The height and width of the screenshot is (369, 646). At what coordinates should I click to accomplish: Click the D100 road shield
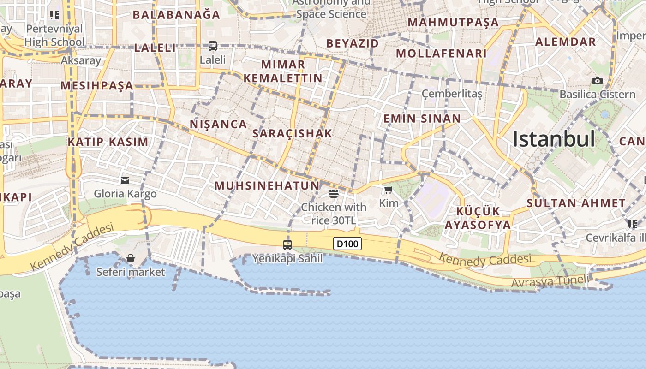pyautogui.click(x=347, y=244)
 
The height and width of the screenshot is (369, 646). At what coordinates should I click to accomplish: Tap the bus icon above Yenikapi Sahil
pyautogui.click(x=287, y=244)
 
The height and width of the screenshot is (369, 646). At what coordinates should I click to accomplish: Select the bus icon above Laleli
pyautogui.click(x=213, y=46)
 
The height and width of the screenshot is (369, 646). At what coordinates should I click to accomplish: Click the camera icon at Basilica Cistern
pyautogui.click(x=598, y=81)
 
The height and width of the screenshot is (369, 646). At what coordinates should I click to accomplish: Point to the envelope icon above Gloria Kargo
pyautogui.click(x=125, y=180)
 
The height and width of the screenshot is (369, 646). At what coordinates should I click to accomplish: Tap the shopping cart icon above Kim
pyautogui.click(x=389, y=190)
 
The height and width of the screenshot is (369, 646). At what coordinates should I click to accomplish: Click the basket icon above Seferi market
pyautogui.click(x=131, y=258)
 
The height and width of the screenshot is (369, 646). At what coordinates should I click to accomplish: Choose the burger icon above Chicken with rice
pyautogui.click(x=334, y=193)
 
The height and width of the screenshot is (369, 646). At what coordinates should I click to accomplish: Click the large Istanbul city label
pyautogui.click(x=554, y=139)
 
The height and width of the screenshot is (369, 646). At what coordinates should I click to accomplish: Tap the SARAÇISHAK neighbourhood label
pyautogui.click(x=293, y=134)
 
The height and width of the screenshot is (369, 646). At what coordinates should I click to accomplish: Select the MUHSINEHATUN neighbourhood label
pyautogui.click(x=267, y=186)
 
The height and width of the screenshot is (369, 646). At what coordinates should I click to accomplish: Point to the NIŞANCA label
pyautogui.click(x=218, y=124)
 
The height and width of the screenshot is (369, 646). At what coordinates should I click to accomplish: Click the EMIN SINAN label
pyautogui.click(x=422, y=119)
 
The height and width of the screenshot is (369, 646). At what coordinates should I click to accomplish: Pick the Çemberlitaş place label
pyautogui.click(x=452, y=94)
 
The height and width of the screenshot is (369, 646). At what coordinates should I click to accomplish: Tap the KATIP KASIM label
pyautogui.click(x=108, y=142)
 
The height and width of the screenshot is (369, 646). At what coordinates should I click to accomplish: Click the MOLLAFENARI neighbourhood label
pyautogui.click(x=442, y=54)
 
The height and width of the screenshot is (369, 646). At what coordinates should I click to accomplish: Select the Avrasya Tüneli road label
pyautogui.click(x=550, y=281)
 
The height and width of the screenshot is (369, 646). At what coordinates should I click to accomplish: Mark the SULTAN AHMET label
pyautogui.click(x=576, y=203)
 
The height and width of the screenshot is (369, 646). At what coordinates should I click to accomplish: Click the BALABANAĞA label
pyautogui.click(x=177, y=15)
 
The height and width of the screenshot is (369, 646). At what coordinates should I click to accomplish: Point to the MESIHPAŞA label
pyautogui.click(x=97, y=86)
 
